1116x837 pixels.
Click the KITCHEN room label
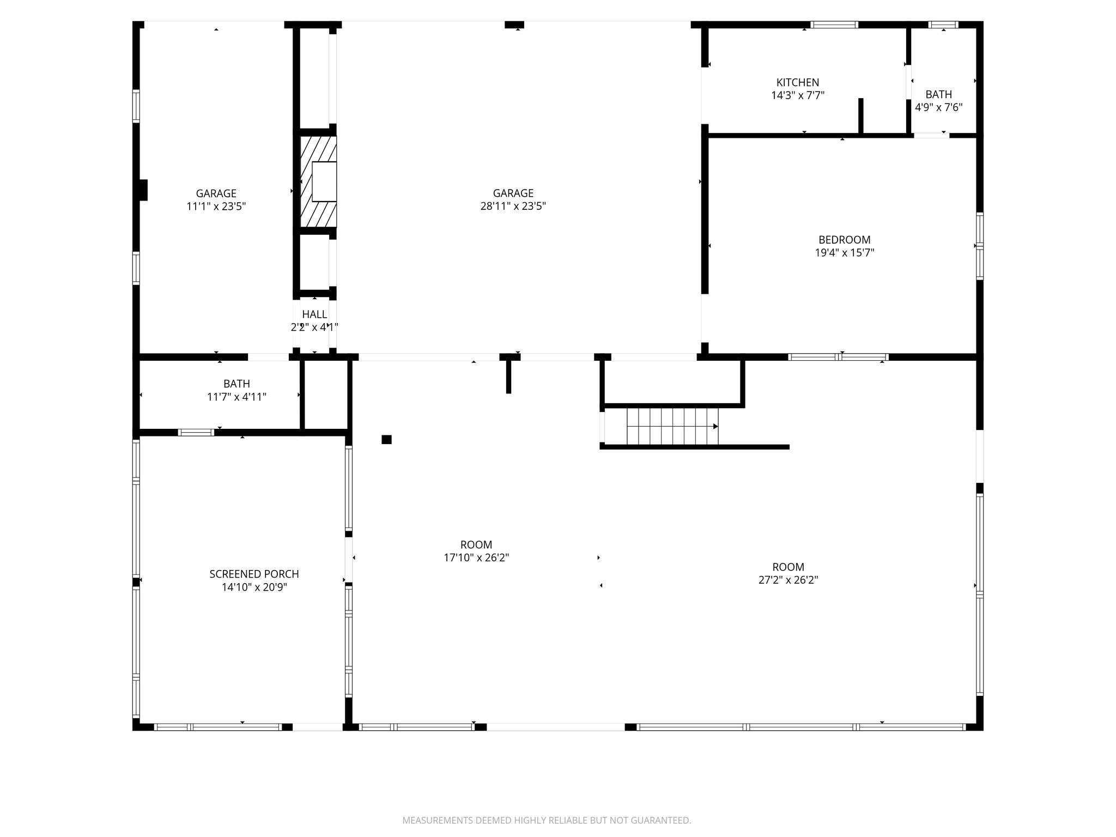click(797, 82)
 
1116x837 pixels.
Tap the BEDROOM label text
click(844, 240)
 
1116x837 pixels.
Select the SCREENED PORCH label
click(254, 574)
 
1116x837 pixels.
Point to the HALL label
click(314, 314)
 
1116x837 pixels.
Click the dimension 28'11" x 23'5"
click(513, 206)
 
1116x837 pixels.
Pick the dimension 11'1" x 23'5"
click(216, 206)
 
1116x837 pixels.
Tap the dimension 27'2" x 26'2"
click(788, 580)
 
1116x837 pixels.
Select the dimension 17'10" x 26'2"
click(476, 557)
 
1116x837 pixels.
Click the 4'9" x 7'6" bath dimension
click(938, 107)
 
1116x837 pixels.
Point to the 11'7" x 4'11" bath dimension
click(236, 397)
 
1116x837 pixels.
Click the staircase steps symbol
click(672, 427)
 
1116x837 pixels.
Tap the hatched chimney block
click(318, 181)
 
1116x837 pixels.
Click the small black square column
click(386, 439)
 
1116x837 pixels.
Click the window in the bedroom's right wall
click(979, 246)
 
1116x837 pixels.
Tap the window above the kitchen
click(834, 25)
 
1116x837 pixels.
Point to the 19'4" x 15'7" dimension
click(844, 253)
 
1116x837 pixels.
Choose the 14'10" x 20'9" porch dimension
click(254, 587)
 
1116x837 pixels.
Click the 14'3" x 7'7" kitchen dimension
click(797, 95)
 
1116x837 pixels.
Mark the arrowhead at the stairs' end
click(715, 427)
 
